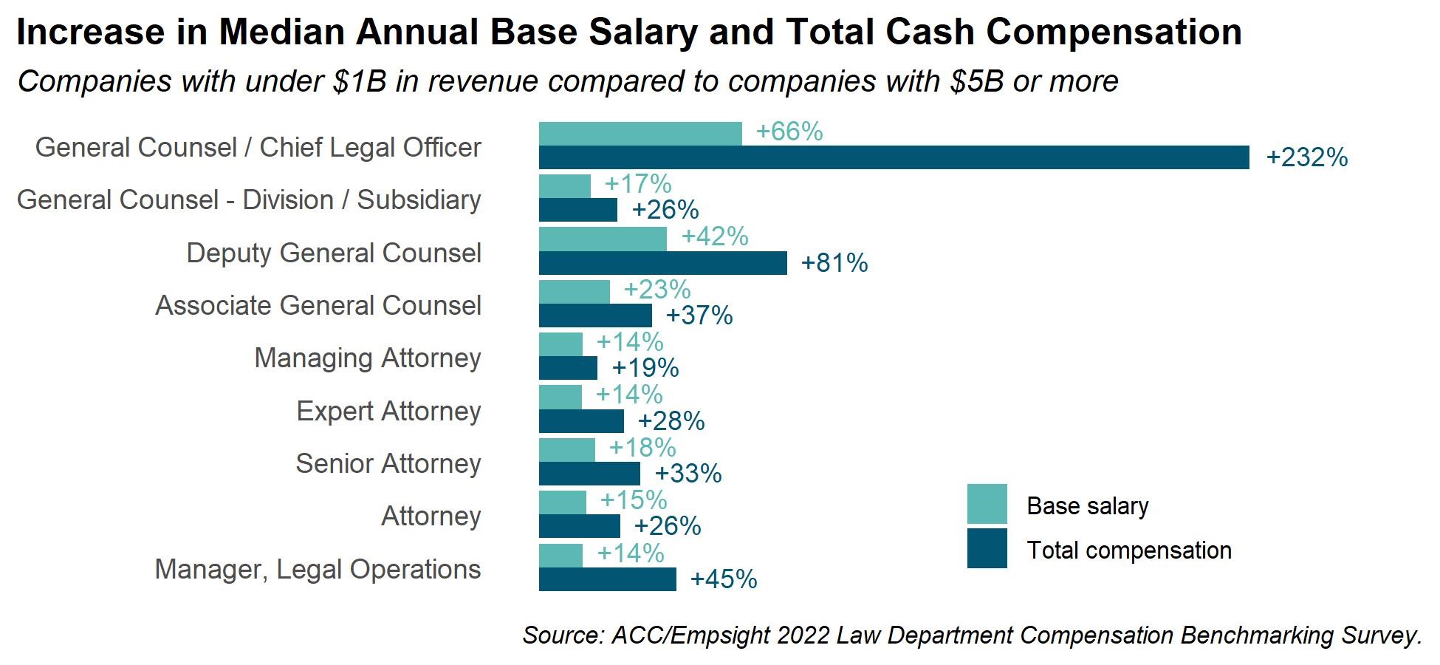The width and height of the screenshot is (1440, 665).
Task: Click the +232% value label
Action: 1306,158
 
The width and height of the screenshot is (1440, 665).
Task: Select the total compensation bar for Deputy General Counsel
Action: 662,263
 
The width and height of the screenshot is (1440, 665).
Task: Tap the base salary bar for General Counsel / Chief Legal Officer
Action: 640,134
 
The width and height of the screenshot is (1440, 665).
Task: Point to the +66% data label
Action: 789,132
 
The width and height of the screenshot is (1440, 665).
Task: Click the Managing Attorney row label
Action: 367,358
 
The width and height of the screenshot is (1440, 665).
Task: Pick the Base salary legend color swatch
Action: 987,504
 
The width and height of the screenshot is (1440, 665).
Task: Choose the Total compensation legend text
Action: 1128,550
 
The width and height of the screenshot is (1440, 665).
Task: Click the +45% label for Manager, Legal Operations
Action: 723,579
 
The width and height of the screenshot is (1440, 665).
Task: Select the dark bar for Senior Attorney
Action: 589,474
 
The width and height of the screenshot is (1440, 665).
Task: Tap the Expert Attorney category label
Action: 388,412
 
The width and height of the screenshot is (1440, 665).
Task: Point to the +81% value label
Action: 834,263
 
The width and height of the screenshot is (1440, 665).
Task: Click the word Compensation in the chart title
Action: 1114,33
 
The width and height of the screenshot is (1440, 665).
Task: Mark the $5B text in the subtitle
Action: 977,81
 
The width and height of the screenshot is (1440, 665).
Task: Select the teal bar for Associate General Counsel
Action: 574,291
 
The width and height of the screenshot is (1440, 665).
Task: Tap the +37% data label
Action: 699,316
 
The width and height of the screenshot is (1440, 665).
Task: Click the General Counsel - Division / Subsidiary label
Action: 249,200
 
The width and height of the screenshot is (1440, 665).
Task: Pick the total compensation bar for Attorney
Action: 579,526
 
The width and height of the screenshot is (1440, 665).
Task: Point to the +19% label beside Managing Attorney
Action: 645,368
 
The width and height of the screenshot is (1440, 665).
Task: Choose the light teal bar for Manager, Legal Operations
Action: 560,555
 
